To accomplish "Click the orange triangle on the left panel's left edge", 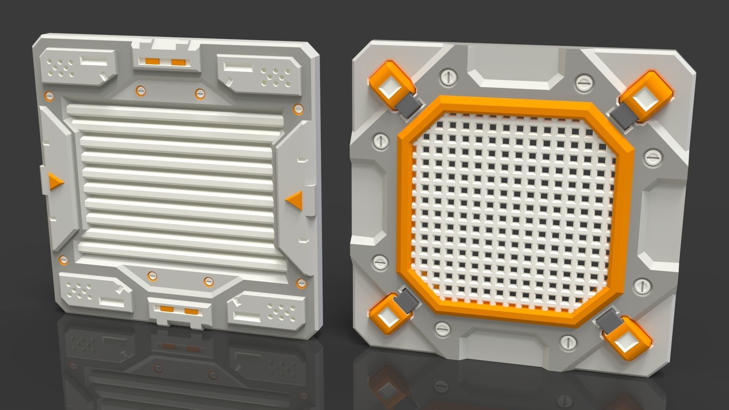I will pos(55,181).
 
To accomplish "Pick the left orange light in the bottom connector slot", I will pos(166,309).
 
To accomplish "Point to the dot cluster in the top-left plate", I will pos(63,68).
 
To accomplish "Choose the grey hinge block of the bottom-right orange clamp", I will pos(607,321).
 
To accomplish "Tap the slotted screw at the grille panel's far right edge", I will pos(653,157).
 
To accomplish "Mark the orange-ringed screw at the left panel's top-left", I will pos(49,95).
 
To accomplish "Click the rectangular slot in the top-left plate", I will pos(93,61).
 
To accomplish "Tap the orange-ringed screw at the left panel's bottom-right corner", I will pos(301,283).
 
